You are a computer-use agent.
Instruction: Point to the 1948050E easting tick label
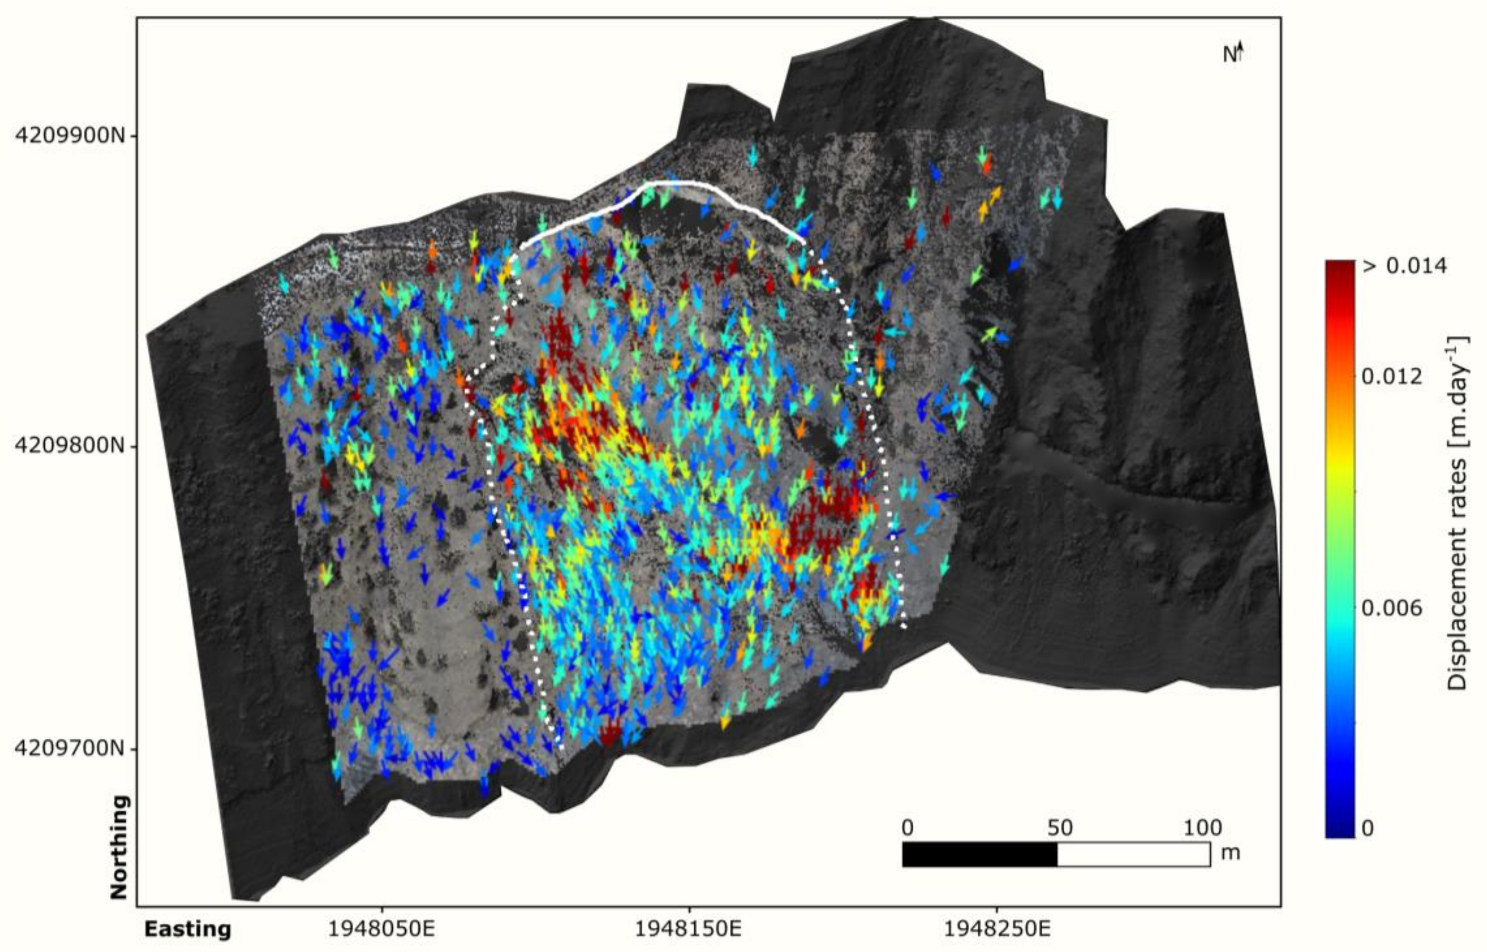381,929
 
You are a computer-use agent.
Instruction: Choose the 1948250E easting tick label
997,929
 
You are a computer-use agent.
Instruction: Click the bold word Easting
188,929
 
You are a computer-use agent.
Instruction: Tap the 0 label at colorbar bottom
1369,828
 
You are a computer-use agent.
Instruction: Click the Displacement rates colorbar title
1458,513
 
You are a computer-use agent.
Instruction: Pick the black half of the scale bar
980,855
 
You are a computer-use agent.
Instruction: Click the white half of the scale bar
1133,855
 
